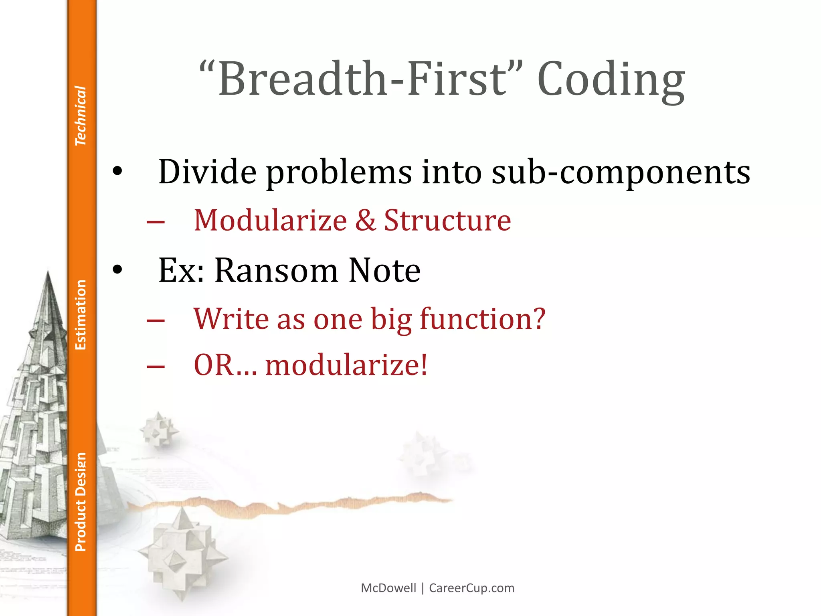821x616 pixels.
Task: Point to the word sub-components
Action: pyautogui.click(x=621, y=172)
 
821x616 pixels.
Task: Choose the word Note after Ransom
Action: pyautogui.click(x=384, y=270)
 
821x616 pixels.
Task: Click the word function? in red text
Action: pyautogui.click(x=482, y=319)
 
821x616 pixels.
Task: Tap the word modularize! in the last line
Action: pyautogui.click(x=346, y=365)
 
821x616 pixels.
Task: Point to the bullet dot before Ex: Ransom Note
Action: pyautogui.click(x=117, y=270)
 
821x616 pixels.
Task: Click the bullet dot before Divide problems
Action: pyautogui.click(x=117, y=172)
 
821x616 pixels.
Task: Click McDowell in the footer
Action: pyautogui.click(x=388, y=588)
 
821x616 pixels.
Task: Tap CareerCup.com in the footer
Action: pyautogui.click(x=471, y=588)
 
